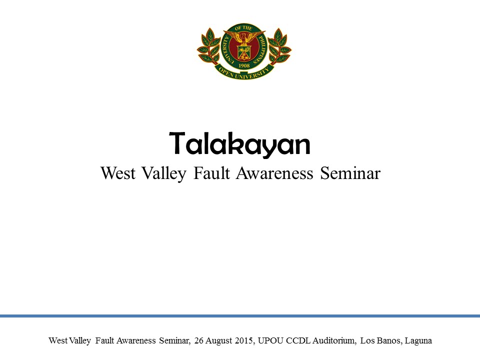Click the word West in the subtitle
[x=118, y=173]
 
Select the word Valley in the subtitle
[x=164, y=174]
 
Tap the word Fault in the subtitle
[x=211, y=173]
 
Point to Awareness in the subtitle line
[x=274, y=173]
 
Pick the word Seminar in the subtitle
[x=350, y=173]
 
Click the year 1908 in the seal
[x=244, y=65]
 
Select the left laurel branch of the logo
[x=209, y=46]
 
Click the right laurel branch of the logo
[x=279, y=46]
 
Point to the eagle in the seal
[x=244, y=37]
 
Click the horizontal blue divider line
[x=240, y=316]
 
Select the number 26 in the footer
[x=198, y=340]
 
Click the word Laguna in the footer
[x=418, y=340]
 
